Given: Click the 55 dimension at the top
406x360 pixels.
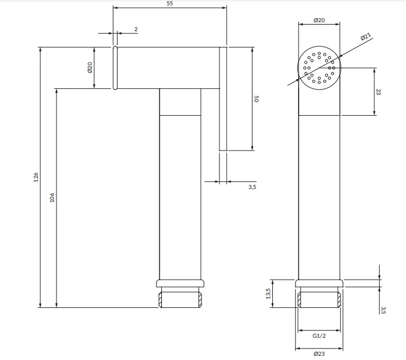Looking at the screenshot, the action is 170,4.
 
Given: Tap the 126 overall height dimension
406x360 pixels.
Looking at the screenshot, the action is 36,177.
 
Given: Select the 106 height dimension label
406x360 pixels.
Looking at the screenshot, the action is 52,197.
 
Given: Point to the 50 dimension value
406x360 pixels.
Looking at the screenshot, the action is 256,98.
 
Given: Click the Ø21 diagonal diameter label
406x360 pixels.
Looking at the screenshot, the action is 366,37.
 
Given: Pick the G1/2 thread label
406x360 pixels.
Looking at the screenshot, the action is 319,336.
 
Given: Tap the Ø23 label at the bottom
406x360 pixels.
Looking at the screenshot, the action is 319,353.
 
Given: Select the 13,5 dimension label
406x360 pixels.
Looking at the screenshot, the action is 268,293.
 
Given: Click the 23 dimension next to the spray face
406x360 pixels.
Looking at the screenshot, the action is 378,92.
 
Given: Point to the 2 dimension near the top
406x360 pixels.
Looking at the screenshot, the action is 136,29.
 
